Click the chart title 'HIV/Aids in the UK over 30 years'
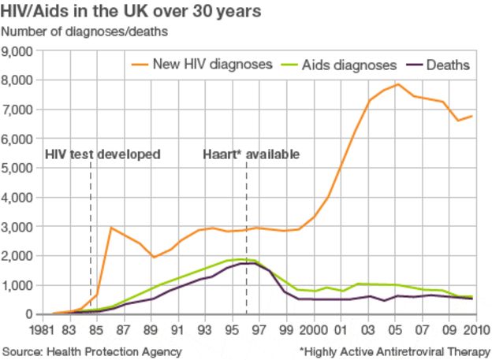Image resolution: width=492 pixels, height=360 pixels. pyautogui.click(x=130, y=13)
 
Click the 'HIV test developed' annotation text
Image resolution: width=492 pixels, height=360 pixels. pyautogui.click(x=102, y=154)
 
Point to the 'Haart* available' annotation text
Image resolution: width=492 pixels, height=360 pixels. pyautogui.click(x=252, y=154)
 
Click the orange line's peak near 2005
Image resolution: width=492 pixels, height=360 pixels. pyautogui.click(x=399, y=84)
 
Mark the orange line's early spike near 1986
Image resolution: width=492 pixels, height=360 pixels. pyautogui.click(x=111, y=228)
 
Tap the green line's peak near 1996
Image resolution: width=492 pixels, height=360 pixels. pyautogui.click(x=241, y=259)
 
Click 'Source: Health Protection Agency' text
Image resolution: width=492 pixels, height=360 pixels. pyautogui.click(x=92, y=351)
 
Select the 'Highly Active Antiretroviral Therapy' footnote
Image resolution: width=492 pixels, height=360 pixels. pyautogui.click(x=393, y=351)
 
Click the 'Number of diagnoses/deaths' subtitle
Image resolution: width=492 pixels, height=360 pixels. pyautogui.click(x=84, y=33)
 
